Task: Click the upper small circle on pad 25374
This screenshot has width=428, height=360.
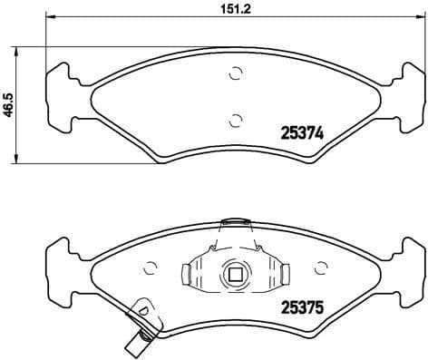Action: pos(236,74)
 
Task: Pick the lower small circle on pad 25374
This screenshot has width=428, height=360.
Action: pos(236,118)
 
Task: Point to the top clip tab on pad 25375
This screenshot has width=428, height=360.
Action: pos(236,220)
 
